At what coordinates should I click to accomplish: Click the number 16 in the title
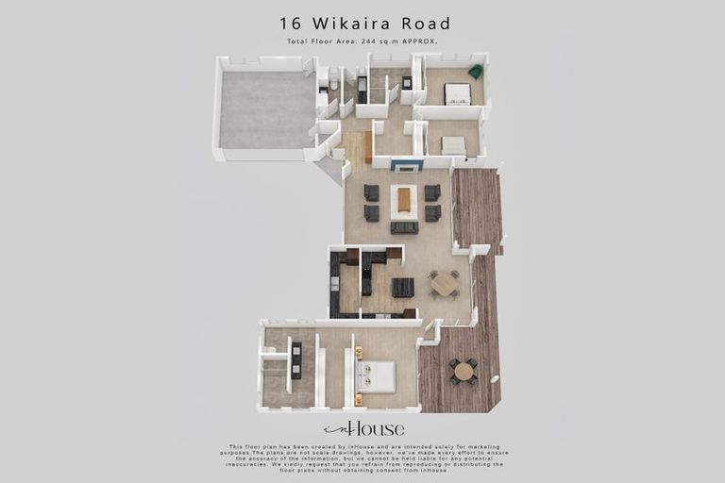(x=291, y=23)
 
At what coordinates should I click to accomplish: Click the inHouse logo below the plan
(x=363, y=429)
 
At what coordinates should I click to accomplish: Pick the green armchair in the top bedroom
(x=476, y=72)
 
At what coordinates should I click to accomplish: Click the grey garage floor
(x=267, y=109)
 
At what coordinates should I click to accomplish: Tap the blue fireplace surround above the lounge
(x=407, y=165)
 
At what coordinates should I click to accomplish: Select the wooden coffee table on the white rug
(x=404, y=199)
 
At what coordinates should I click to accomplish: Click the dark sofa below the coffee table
(x=404, y=227)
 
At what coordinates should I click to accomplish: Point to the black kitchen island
(x=403, y=288)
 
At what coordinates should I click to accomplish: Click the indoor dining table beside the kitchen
(x=444, y=284)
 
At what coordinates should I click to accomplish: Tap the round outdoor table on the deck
(x=464, y=371)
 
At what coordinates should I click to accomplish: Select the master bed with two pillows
(x=377, y=376)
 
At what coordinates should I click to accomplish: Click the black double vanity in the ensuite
(x=296, y=360)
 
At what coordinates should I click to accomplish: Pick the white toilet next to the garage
(x=332, y=84)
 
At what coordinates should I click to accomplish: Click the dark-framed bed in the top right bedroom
(x=458, y=93)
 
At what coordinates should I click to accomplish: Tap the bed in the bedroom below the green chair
(x=454, y=145)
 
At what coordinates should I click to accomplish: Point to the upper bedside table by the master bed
(x=359, y=353)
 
